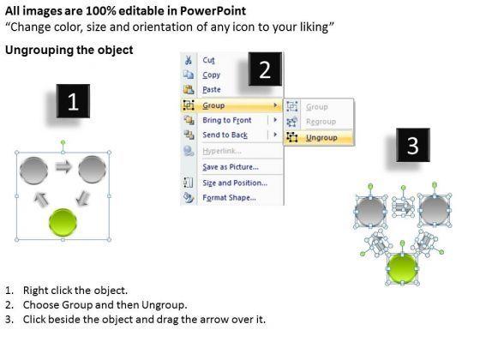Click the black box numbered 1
(x=73, y=101)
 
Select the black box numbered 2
(x=265, y=69)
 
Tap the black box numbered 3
(x=413, y=145)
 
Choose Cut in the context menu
(x=208, y=60)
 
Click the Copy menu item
(x=211, y=75)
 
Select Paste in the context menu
(x=212, y=90)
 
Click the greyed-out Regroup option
(x=321, y=122)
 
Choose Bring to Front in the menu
(x=227, y=120)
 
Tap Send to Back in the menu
(x=225, y=135)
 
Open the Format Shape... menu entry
(x=229, y=198)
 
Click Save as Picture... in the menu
(x=231, y=167)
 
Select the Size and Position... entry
(x=235, y=183)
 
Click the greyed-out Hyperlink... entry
(x=222, y=151)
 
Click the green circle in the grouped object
(x=63, y=222)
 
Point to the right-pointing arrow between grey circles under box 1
(x=63, y=167)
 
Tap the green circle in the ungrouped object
(x=402, y=269)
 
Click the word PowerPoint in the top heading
(x=213, y=11)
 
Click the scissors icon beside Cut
(x=189, y=60)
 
